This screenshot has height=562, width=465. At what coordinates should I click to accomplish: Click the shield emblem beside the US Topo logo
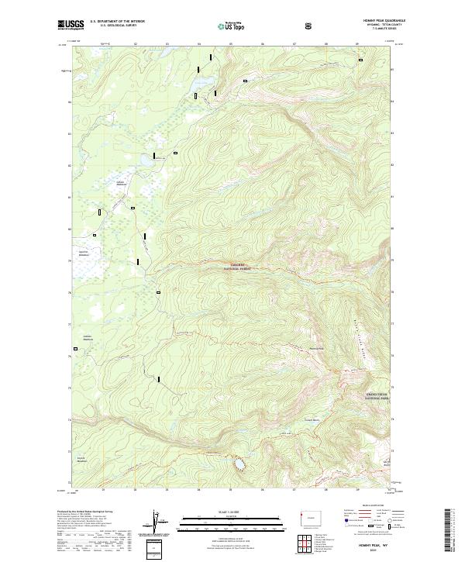(308, 26)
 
